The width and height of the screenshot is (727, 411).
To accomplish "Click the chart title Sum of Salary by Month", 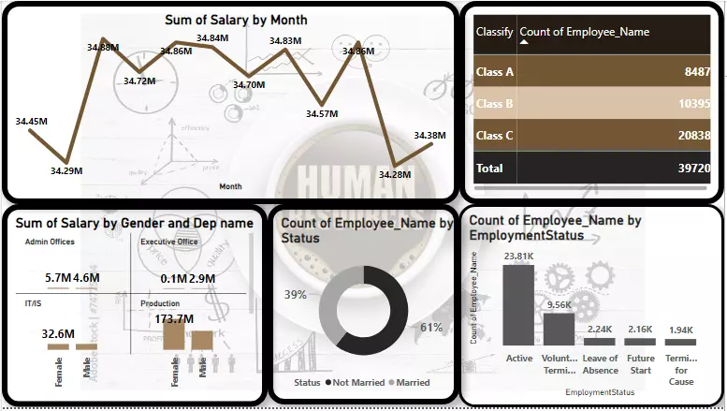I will [x=236, y=20].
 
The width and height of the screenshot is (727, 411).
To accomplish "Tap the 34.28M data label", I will [x=395, y=174].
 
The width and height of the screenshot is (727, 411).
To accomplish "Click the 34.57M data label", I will [x=322, y=113].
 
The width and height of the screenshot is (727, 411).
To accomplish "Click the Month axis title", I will [x=230, y=186].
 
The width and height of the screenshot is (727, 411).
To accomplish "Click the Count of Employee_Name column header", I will [x=584, y=32].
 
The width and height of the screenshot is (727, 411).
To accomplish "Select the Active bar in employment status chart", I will [x=518, y=305].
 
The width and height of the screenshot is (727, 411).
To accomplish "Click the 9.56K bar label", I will [x=559, y=304].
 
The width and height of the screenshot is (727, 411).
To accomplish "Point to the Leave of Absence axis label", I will [x=600, y=363].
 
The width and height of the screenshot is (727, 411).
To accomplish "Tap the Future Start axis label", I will [x=640, y=363].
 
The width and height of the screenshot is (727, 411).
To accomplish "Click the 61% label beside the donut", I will [x=431, y=327].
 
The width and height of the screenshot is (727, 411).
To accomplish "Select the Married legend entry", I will [x=411, y=383].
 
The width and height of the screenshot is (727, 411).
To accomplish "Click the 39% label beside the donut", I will [x=296, y=294].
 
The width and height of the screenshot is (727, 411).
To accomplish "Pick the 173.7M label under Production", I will [x=173, y=319].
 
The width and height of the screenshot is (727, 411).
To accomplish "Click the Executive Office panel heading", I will [x=168, y=242].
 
